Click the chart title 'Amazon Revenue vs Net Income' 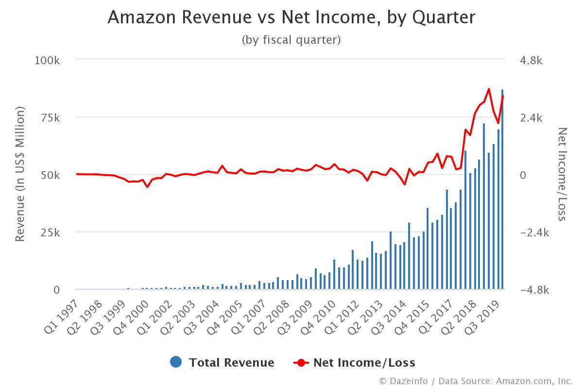tap(291, 17)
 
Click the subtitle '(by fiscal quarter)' tap(291, 40)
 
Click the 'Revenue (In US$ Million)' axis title tap(20, 175)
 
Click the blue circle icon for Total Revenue tap(176, 362)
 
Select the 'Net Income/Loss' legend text tap(364, 362)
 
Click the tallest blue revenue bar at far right tap(502, 190)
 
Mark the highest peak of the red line tap(489, 89)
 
